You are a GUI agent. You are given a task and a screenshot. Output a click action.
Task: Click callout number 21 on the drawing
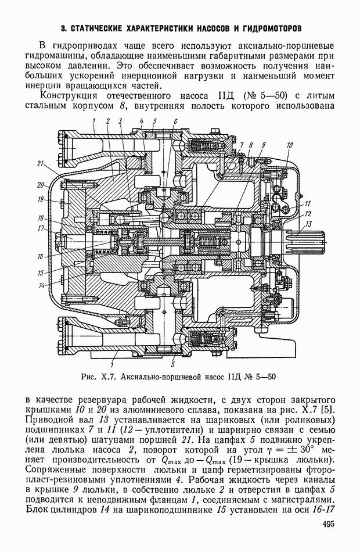[41, 163]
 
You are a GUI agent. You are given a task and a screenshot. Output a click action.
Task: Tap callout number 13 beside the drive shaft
[309, 224]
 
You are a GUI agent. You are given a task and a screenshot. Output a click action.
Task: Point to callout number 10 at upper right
[289, 144]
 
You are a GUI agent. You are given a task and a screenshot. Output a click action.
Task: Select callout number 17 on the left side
[41, 228]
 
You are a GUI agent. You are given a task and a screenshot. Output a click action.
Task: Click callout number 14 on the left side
[42, 285]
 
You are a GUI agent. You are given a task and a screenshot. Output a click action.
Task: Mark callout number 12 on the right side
[308, 213]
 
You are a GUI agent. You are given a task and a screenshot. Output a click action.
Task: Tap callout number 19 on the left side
[42, 199]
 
